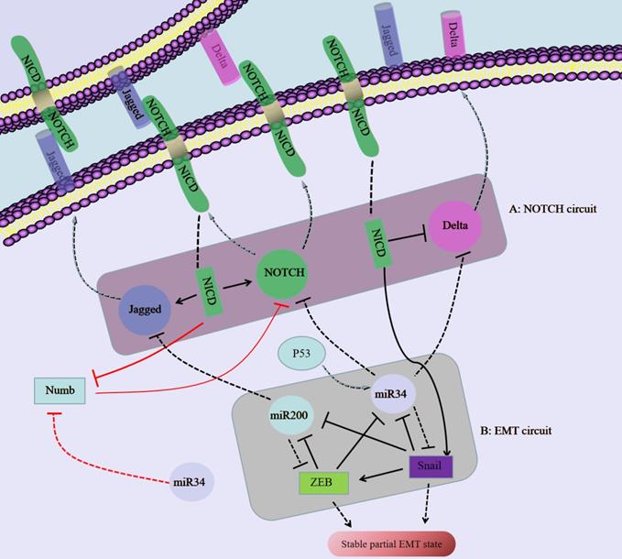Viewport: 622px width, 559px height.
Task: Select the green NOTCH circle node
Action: pos(282,272)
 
